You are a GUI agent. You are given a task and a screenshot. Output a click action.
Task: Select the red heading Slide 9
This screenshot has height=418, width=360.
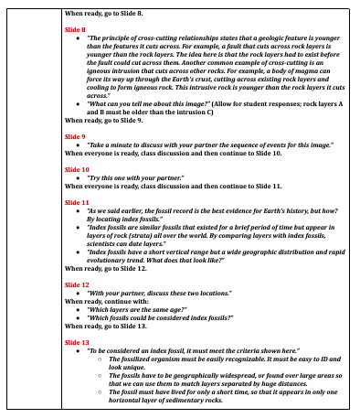pos(74,135)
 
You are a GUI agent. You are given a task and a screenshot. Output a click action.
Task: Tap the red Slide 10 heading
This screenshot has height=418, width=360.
pos(76,170)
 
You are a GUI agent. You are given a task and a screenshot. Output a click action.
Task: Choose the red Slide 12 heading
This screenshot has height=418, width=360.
pos(76,285)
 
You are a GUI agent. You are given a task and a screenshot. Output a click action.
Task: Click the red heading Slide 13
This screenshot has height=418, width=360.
pos(76,342)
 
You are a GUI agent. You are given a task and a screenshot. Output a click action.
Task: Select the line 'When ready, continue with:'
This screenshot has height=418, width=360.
pos(102,302)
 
